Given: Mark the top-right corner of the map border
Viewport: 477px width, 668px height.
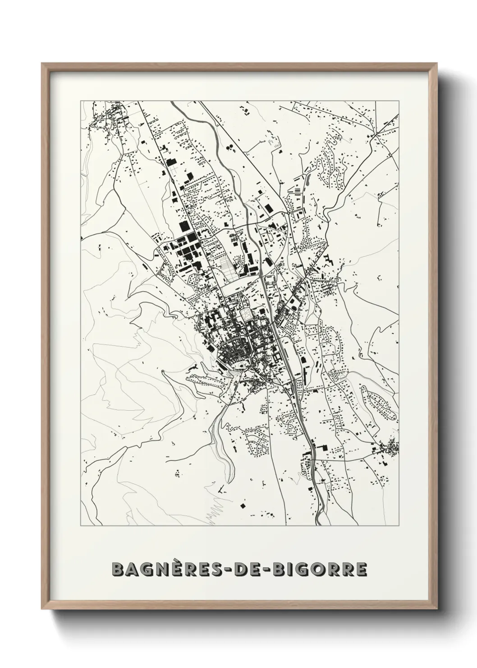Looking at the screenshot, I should pyautogui.click(x=399, y=101).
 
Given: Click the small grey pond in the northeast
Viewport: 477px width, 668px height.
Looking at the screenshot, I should pyautogui.click(x=273, y=142).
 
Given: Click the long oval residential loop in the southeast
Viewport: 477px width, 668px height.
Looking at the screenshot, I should pyautogui.click(x=380, y=400).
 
